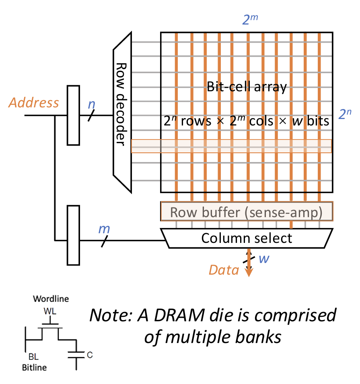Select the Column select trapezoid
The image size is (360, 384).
(247, 238)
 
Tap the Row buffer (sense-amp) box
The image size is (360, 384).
(247, 212)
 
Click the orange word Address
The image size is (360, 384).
(34, 103)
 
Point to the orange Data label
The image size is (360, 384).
(224, 270)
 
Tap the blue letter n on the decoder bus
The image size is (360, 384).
(92, 104)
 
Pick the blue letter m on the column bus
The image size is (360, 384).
(104, 230)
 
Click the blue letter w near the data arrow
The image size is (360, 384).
(263, 259)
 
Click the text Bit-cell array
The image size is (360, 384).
(247, 87)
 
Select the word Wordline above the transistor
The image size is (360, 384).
(51, 299)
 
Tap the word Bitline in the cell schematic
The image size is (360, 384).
(35, 367)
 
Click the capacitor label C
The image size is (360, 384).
(90, 355)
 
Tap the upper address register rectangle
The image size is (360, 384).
(73, 115)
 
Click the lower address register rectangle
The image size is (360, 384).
(73, 235)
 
